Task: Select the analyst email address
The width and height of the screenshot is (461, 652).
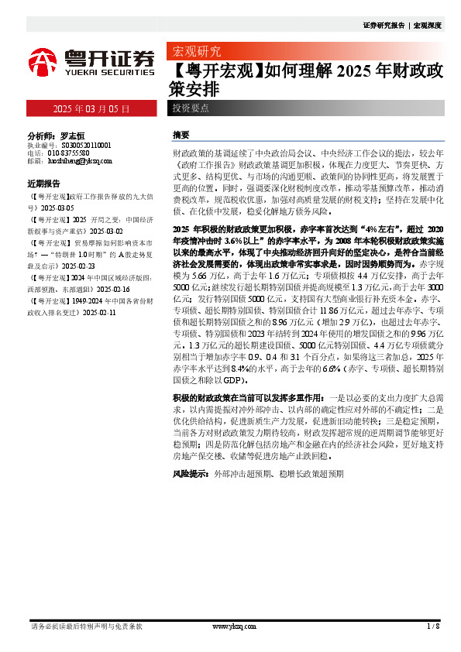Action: pos(81,161)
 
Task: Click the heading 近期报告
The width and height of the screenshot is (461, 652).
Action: pos(43,184)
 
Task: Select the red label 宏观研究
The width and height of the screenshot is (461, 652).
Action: pos(196,52)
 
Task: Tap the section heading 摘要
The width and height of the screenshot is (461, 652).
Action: pos(181,135)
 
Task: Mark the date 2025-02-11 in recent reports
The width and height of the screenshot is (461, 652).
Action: pos(100,312)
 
